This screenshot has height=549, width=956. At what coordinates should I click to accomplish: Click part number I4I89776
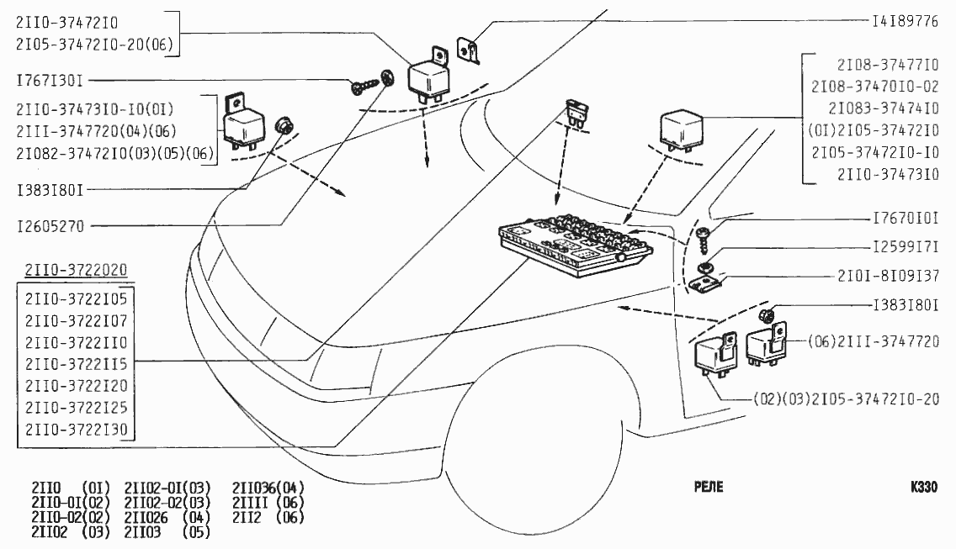905,22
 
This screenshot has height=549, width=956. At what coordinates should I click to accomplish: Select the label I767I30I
50,81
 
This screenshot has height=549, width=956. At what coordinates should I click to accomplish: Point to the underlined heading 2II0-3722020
76,270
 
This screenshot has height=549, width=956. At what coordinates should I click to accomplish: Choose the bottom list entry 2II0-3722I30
76,430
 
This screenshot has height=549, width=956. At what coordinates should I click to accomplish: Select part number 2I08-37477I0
887,64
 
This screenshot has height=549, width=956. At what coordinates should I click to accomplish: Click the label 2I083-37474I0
884,108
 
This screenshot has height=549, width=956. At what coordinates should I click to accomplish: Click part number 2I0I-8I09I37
888,276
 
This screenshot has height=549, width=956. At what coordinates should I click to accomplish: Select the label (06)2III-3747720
873,342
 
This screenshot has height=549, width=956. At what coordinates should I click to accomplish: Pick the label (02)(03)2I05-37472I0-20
846,399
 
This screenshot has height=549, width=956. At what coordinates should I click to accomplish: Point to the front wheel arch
505,370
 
